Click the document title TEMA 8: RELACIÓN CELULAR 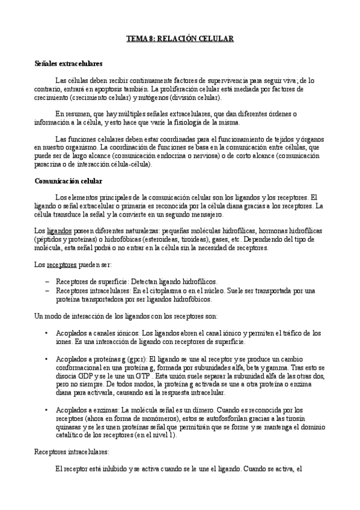tap(179, 38)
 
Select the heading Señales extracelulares tap(69, 63)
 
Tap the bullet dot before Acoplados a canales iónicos tap(47, 333)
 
